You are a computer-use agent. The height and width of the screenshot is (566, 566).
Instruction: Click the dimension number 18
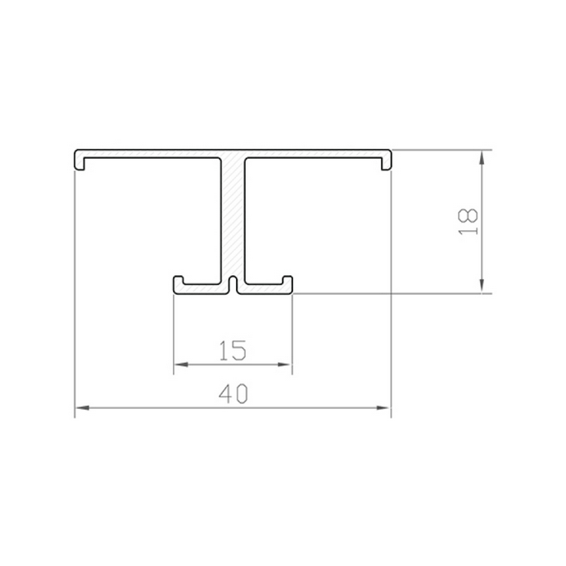click(x=468, y=222)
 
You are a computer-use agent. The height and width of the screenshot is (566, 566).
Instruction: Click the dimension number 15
click(x=233, y=351)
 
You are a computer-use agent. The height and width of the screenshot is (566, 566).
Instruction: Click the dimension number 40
click(x=233, y=396)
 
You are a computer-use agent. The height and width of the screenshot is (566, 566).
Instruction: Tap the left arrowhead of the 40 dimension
click(x=81, y=408)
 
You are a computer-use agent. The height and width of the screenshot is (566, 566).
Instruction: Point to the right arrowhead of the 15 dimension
click(x=287, y=364)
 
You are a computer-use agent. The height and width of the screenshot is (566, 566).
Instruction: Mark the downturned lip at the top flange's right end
click(x=387, y=163)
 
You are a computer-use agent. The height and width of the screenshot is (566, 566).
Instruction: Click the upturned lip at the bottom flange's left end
click(x=178, y=282)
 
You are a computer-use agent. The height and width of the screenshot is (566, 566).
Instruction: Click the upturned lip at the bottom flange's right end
click(x=288, y=282)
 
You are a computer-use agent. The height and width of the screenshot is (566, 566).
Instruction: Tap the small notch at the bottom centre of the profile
click(x=233, y=285)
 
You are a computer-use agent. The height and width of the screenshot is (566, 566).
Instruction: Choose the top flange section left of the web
click(x=147, y=154)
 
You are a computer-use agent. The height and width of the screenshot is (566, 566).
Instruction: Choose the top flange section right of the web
click(x=319, y=154)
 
